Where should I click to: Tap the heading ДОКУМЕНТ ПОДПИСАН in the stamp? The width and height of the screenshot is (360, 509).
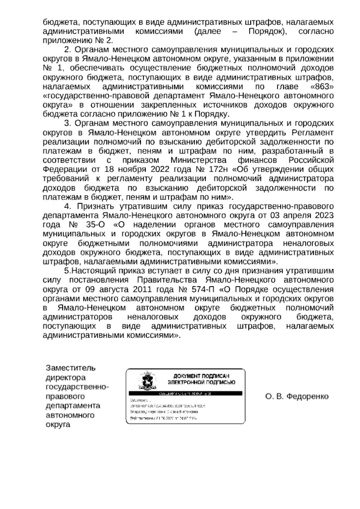click(x=202, y=376)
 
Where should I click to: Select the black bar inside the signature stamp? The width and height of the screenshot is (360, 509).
click(x=185, y=393)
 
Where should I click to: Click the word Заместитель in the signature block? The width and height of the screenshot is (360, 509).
click(x=70, y=368)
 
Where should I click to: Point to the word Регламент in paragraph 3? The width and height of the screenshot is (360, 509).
click(x=311, y=132)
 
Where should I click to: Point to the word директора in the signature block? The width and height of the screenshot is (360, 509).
click(x=65, y=377)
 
